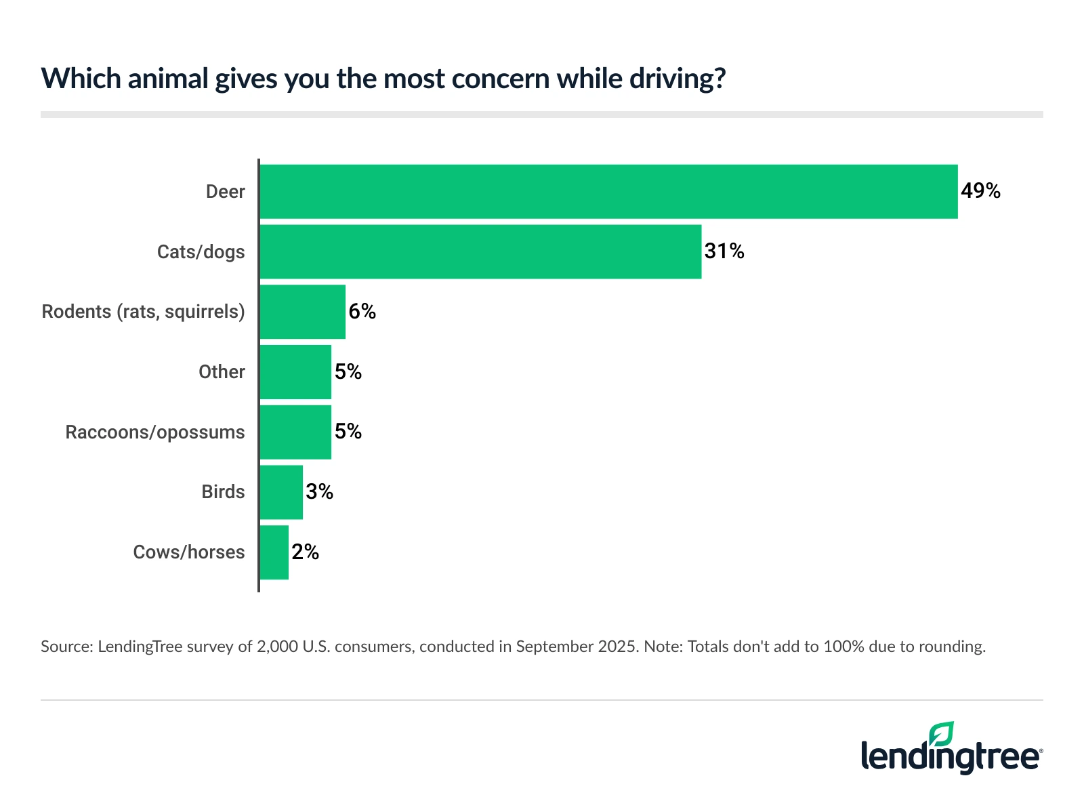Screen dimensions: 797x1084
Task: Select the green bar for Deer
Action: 608,192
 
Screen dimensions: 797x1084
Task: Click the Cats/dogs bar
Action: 480,251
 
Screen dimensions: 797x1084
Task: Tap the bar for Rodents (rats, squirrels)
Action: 302,312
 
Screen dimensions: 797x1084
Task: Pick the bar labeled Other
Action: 295,372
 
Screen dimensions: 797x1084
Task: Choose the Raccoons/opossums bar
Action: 295,432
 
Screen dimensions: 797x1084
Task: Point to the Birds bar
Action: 281,492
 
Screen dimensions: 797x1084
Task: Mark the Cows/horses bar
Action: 274,552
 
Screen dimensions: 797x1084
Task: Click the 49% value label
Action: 980,191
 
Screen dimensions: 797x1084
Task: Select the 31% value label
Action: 724,251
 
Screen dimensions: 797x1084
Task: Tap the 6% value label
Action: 362,311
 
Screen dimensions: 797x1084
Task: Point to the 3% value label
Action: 319,492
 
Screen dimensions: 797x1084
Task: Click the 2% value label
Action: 305,552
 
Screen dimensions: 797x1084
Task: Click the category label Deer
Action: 225,192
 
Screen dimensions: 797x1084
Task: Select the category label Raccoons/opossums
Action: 154,432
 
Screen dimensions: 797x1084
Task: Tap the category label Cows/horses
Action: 188,552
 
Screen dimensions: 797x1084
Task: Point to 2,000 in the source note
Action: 277,647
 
